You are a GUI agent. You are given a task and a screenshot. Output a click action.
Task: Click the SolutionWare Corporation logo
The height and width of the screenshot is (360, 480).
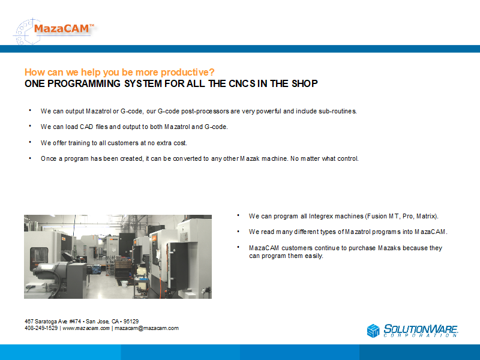[x=412, y=331]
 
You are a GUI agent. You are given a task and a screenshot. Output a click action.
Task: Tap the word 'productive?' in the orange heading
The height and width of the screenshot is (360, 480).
[x=187, y=72]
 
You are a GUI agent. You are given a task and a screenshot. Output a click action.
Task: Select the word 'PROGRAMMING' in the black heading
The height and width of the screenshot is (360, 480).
[x=84, y=83]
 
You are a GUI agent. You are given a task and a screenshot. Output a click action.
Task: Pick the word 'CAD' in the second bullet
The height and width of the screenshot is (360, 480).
[x=86, y=127]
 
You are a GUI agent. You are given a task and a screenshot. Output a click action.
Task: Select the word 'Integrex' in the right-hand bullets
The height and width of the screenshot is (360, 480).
[x=321, y=216]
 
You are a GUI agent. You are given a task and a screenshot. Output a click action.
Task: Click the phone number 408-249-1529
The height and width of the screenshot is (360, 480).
[x=41, y=328]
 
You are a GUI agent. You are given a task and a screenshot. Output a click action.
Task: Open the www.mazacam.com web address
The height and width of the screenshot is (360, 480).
[x=86, y=328]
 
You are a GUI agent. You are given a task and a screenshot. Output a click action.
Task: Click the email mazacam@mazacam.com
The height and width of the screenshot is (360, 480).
[x=146, y=328]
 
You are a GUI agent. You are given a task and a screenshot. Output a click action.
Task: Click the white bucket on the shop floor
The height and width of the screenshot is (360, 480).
[x=125, y=283]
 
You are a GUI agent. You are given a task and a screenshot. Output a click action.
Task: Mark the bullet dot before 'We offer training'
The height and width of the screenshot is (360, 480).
[x=30, y=142]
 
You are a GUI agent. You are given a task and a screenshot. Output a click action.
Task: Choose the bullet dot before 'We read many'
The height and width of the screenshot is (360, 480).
[x=238, y=231]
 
